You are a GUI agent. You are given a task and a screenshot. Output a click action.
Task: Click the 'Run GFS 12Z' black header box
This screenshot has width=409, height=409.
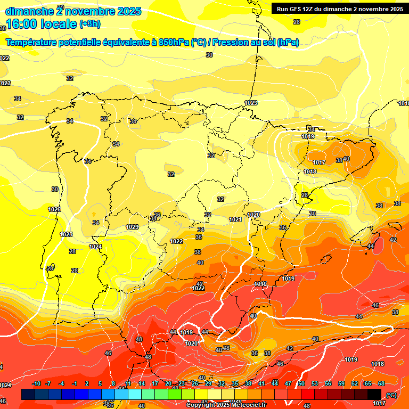[339, 9]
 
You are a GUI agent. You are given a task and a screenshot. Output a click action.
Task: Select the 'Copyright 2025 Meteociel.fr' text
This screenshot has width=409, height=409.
[226, 405]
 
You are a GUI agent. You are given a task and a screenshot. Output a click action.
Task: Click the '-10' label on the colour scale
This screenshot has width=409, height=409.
[36, 383]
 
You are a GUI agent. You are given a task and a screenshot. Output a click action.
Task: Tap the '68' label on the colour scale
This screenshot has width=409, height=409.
[381, 383]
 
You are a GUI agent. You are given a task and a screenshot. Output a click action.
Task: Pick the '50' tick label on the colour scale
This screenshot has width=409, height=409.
[301, 383]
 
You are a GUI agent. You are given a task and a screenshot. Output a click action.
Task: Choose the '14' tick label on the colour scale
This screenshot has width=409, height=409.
[142, 383]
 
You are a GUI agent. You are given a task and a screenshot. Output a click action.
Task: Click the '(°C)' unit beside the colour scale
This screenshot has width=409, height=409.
[391, 395]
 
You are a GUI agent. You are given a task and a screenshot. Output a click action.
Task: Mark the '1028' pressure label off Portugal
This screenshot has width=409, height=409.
[54, 209]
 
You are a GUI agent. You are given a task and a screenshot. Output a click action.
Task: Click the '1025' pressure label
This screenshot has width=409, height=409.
[66, 234]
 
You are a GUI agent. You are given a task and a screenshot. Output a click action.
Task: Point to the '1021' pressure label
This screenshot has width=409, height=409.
[235, 219]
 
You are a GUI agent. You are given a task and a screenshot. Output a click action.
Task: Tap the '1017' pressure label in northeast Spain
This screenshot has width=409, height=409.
[319, 162]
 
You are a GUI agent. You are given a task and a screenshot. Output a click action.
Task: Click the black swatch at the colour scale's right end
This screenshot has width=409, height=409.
[374, 394]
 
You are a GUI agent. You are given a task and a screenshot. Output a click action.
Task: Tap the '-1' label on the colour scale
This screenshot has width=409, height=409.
[75, 383]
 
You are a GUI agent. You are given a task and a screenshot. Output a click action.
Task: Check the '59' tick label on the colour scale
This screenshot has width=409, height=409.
[341, 383]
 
